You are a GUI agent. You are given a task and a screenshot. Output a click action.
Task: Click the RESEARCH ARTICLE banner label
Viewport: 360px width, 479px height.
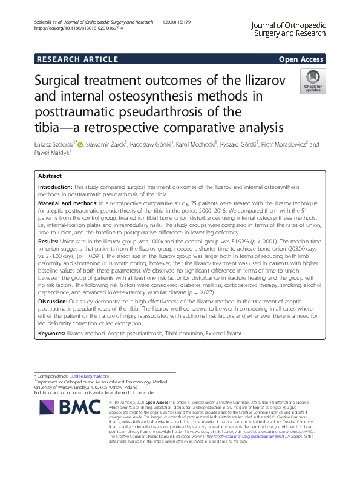click(x=77, y=59)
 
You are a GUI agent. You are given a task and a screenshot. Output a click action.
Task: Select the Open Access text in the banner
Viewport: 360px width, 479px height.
click(x=301, y=59)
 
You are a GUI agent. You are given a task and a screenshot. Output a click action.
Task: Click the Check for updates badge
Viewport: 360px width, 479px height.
click(x=312, y=82)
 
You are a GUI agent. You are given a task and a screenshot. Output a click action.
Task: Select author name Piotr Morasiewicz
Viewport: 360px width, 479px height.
click(x=288, y=145)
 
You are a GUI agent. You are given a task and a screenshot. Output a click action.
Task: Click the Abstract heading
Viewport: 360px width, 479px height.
click(x=50, y=176)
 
